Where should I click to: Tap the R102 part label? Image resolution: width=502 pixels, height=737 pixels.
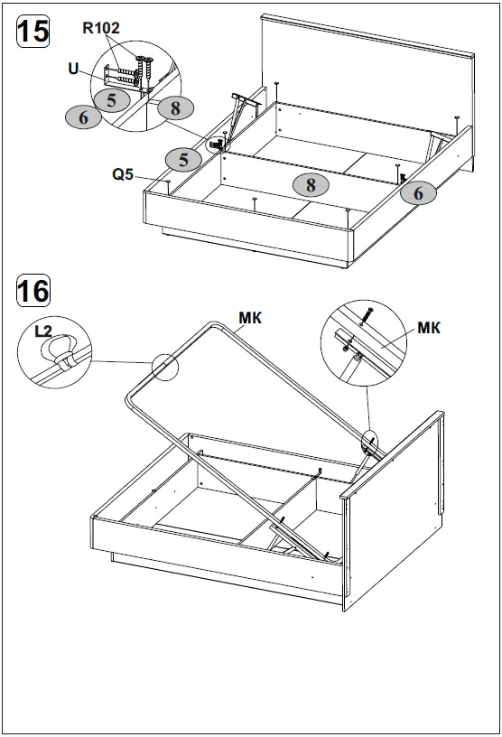tap(101, 28)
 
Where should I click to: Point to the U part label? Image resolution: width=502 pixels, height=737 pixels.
tap(72, 67)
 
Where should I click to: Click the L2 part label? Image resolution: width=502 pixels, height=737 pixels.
tap(42, 332)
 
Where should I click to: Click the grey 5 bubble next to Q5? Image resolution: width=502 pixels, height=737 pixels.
tap(184, 160)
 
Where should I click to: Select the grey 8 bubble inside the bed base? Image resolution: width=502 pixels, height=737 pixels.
tap(311, 184)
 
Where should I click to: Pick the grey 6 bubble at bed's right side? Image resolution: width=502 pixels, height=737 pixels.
tap(418, 191)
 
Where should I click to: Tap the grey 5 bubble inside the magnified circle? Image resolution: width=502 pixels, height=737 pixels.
tap(111, 100)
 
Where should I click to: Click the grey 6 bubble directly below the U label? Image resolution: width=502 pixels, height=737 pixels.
tap(83, 117)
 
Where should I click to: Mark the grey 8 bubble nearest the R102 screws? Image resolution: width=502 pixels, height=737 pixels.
tap(174, 107)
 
